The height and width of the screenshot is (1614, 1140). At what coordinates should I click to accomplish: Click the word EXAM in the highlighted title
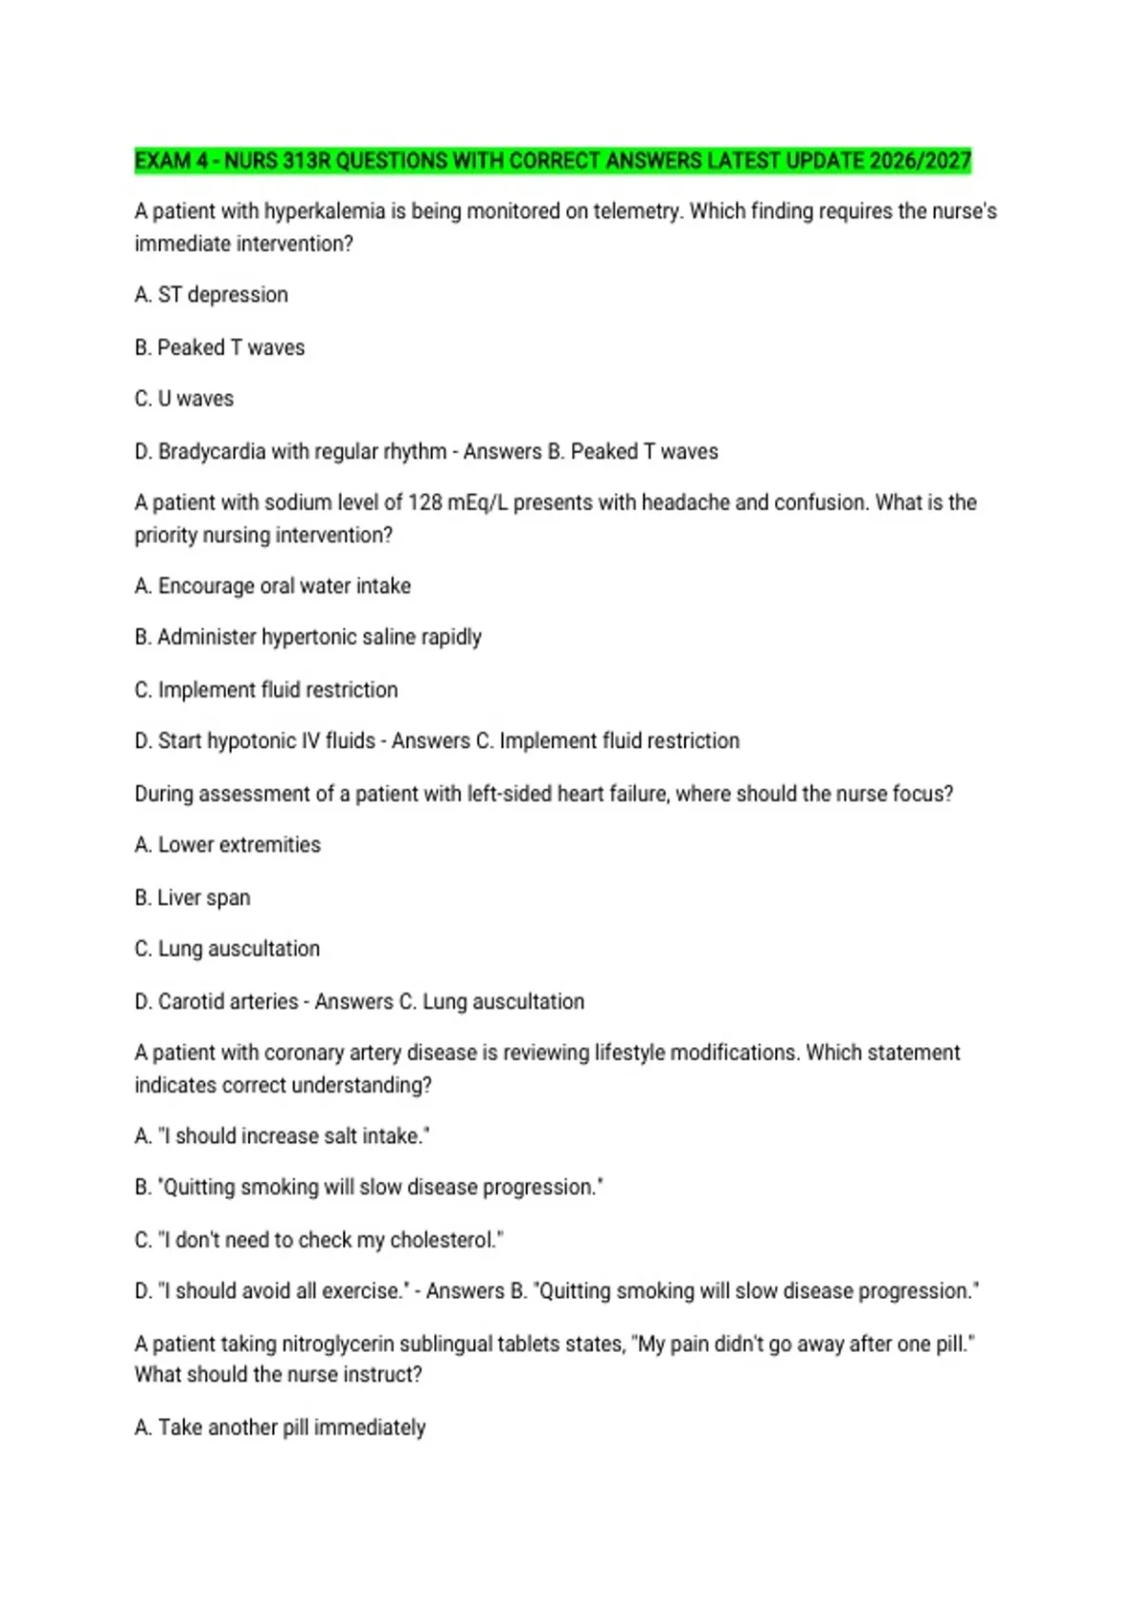[162, 160]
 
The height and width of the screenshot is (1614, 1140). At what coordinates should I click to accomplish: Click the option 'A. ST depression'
[211, 295]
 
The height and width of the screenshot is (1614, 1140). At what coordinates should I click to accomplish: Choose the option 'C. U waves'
[184, 399]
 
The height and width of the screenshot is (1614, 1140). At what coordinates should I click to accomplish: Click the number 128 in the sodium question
[426, 502]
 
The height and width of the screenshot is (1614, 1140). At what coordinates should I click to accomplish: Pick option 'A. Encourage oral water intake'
[273, 586]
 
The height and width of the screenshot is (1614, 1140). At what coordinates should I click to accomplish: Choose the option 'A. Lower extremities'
[228, 845]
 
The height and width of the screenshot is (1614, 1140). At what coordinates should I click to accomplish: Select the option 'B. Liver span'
[193, 897]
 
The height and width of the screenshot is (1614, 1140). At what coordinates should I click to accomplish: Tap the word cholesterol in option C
[443, 1240]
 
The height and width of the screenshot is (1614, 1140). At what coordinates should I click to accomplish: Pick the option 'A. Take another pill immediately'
[280, 1428]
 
